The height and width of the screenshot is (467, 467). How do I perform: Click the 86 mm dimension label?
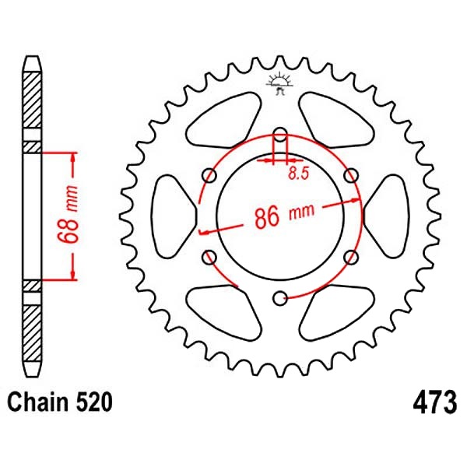[x=284, y=215]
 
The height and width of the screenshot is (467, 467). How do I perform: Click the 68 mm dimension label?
[x=68, y=213]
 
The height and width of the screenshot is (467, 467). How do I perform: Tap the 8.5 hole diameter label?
[x=299, y=174]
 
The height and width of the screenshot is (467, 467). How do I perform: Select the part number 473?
[x=434, y=402]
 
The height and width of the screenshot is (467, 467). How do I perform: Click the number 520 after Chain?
[x=95, y=402]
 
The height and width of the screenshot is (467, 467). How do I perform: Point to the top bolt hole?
[x=280, y=135]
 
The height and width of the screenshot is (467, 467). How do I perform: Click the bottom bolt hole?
[x=280, y=299]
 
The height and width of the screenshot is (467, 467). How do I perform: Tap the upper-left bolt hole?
[x=209, y=175]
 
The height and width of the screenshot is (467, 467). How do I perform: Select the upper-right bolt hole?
[x=351, y=175]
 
